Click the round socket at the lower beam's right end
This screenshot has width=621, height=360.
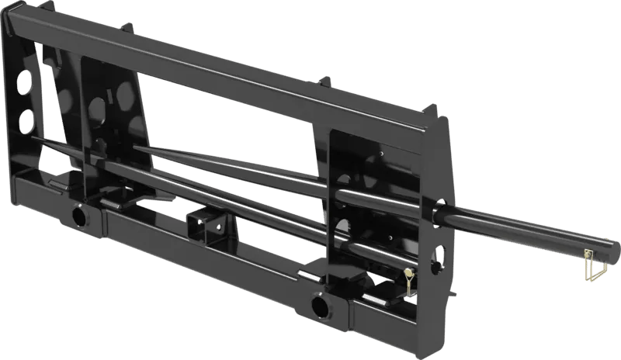click(319, 307)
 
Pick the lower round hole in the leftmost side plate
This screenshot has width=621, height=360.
click(26, 118)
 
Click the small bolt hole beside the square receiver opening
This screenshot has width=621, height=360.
click(220, 227)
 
